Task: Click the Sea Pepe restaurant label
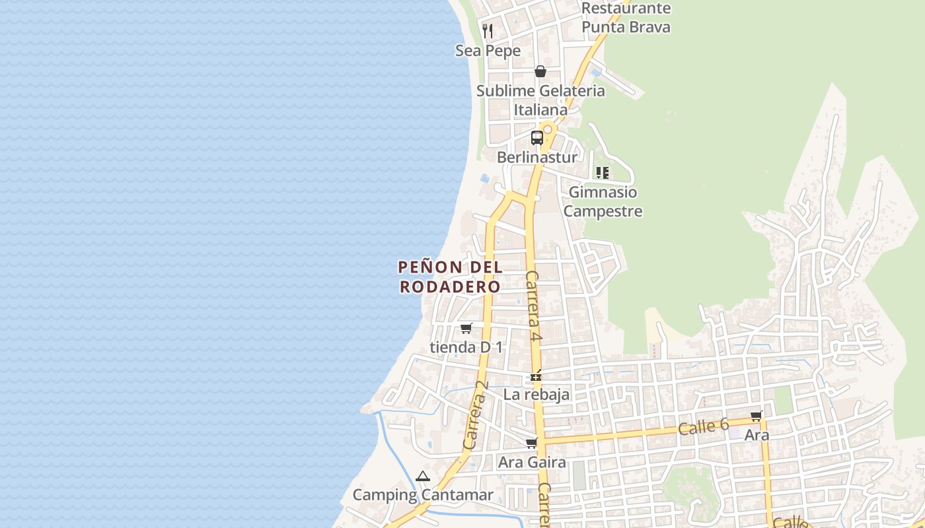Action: (488, 51)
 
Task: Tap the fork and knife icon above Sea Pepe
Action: (488, 30)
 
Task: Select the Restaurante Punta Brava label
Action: (626, 18)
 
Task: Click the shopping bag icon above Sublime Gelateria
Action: (540, 71)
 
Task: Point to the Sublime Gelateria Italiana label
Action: (540, 100)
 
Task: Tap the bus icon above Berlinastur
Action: (537, 138)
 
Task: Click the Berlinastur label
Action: (536, 157)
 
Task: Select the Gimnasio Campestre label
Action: (603, 201)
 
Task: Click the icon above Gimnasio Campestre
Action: (602, 173)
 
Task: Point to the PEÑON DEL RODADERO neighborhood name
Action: (451, 277)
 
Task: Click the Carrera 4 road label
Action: (534, 306)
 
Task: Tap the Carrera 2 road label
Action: (476, 416)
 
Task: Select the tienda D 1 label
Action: (466, 346)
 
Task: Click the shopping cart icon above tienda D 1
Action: (466, 328)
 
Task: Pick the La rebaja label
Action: (536, 395)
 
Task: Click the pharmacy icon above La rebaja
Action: (536, 376)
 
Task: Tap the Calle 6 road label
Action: (703, 427)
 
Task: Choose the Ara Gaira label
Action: (532, 462)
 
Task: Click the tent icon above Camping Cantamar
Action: (422, 476)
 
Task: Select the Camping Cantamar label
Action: (423, 495)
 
